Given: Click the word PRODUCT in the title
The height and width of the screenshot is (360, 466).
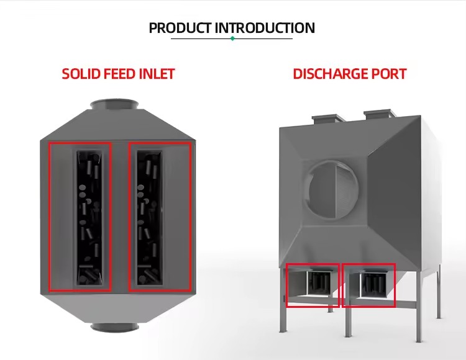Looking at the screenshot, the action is tap(180, 28).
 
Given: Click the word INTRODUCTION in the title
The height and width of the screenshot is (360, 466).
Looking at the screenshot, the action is tap(265, 28).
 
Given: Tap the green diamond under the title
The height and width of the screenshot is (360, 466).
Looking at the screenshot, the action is tap(232, 38).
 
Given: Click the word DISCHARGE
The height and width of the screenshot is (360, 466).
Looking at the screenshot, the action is tap(331, 74).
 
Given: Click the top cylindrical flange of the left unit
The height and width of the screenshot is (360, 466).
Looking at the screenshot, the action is tap(114, 104).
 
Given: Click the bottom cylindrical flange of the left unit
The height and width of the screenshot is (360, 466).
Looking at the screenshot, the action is tap(114, 327).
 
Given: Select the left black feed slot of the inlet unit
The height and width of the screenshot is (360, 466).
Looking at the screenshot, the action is tap(89, 217).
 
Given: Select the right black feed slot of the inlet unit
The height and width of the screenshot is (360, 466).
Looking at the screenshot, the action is tap(150, 217).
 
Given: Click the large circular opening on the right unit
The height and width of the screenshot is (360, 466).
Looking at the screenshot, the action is tap(332, 191).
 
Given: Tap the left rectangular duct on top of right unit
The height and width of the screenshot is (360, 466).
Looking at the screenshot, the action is tap(328, 119).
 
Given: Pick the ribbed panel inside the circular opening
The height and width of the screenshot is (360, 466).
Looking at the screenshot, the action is tap(346, 191).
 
